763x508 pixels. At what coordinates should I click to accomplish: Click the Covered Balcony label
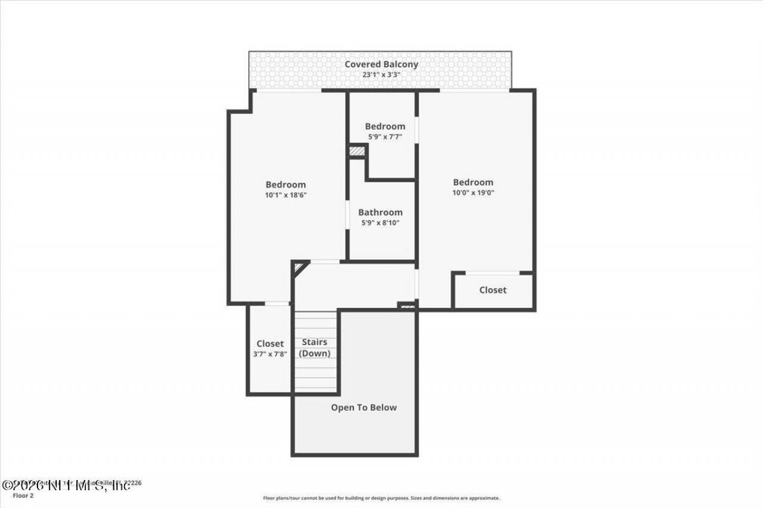(381, 64)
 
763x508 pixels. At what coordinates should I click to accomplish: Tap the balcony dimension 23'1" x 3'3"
(381, 75)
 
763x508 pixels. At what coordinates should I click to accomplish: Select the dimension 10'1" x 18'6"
(286, 195)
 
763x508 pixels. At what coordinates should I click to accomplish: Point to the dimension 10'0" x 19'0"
(473, 193)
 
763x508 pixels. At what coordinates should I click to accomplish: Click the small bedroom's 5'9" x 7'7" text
(384, 136)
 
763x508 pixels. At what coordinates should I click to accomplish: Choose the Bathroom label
(380, 212)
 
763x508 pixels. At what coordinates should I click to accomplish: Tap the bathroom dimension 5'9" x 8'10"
(380, 223)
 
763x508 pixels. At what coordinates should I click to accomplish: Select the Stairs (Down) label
(314, 348)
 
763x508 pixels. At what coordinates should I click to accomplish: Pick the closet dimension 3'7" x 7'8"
(269, 354)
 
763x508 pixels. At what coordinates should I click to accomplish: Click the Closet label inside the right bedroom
(493, 290)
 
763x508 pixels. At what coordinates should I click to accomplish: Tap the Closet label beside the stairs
(269, 344)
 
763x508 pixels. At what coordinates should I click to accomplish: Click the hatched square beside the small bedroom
(357, 151)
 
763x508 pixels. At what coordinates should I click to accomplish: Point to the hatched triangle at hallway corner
(299, 267)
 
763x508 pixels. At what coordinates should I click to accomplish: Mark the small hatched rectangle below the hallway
(407, 306)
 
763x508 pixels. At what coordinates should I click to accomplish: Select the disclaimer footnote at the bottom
(381, 498)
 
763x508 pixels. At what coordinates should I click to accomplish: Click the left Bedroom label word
(286, 185)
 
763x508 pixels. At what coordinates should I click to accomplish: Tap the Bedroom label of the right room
(473, 182)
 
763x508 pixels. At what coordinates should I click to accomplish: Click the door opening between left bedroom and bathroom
(348, 214)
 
